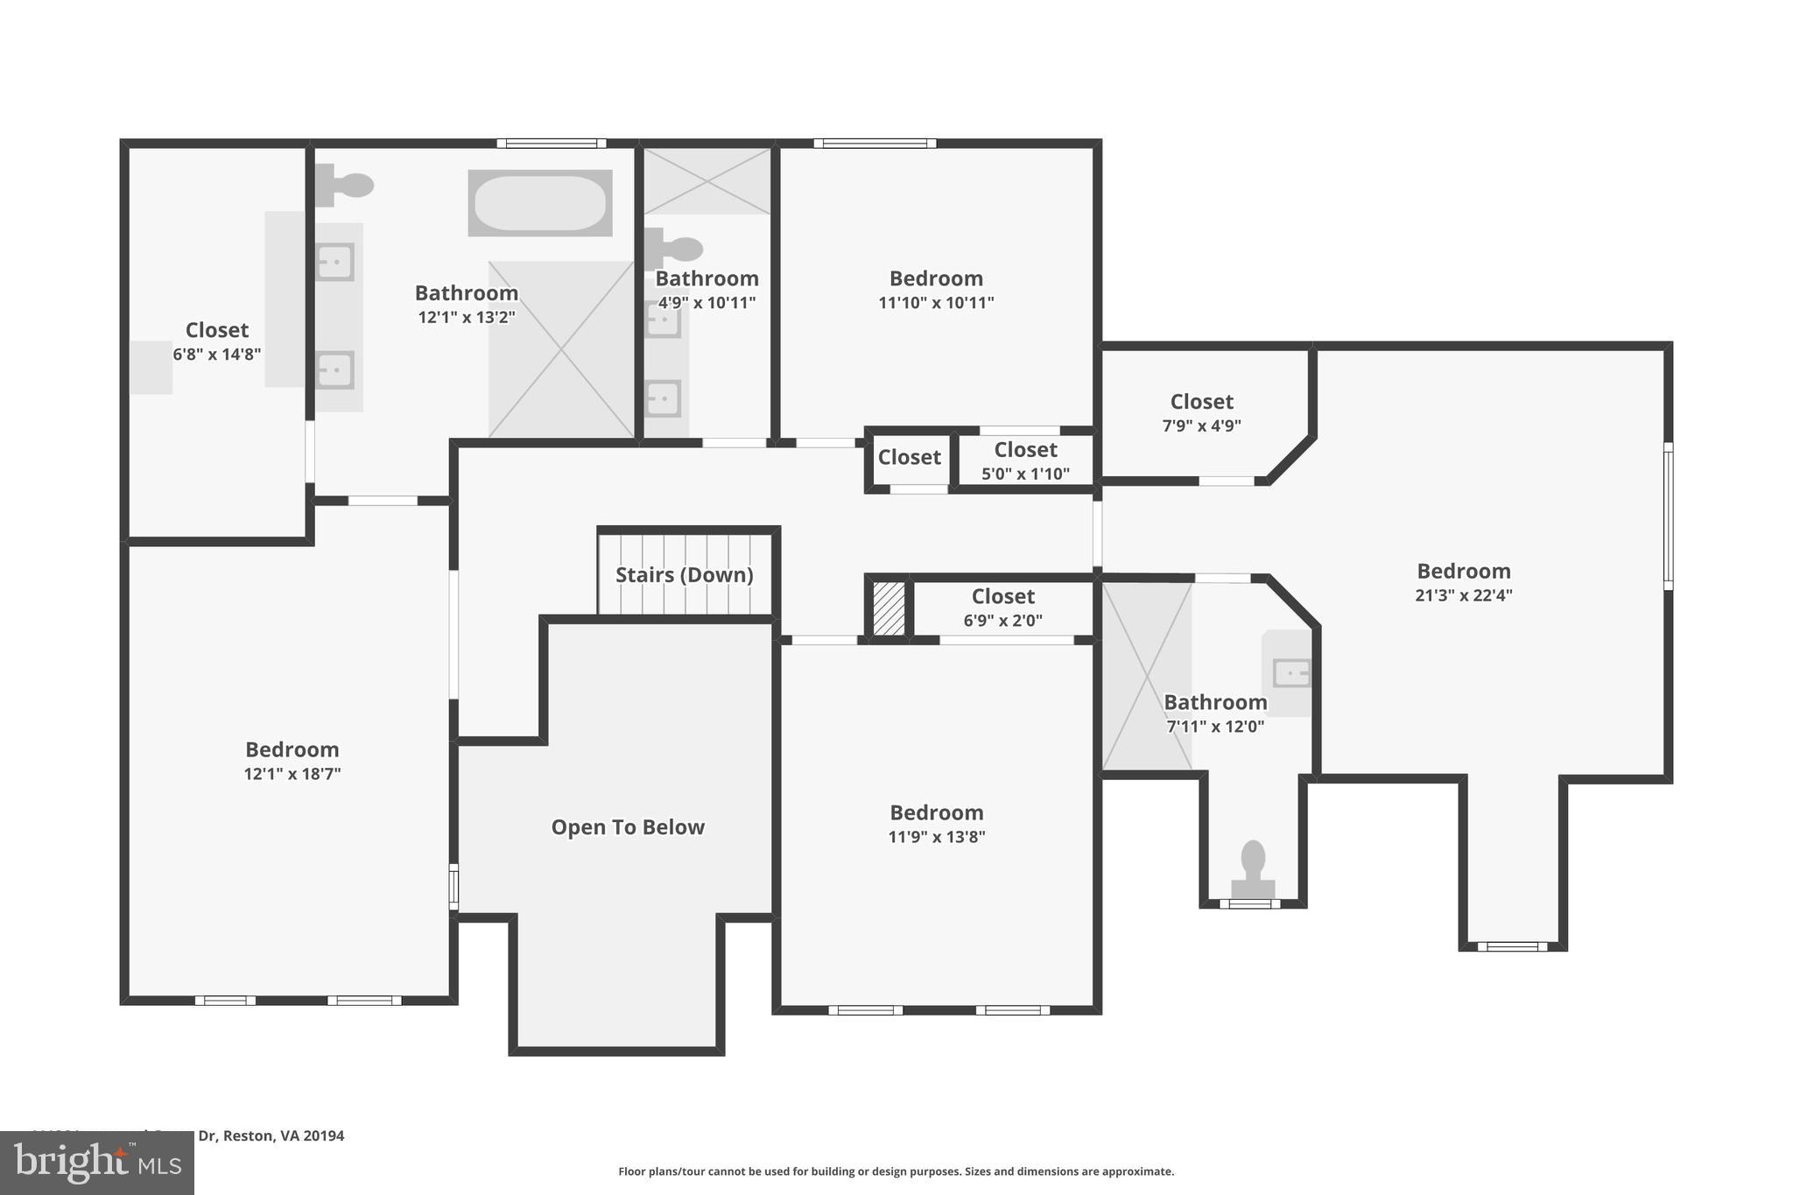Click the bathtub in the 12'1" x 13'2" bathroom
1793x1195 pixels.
point(539,203)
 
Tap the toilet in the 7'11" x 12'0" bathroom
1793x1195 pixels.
point(1253,868)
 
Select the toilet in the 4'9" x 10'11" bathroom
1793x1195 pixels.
point(676,250)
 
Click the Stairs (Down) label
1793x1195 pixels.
point(684,575)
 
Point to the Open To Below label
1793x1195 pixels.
point(627,827)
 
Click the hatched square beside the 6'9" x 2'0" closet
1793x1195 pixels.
point(889,608)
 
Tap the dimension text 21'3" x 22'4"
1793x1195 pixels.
point(1463,595)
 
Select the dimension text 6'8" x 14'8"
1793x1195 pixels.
point(216,355)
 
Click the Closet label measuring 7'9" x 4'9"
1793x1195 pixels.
point(1201,402)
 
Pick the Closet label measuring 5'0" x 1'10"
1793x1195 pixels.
point(1025,450)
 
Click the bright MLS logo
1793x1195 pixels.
point(97,1163)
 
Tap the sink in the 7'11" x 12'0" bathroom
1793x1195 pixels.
point(1291,673)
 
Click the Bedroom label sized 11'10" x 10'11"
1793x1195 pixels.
point(936,278)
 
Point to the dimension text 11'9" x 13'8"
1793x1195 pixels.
point(936,837)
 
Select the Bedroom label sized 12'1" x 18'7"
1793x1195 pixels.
point(292,749)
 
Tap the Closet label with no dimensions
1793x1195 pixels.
point(909,457)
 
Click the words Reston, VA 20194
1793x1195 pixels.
point(284,1135)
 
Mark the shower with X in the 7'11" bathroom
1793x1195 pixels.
point(1146,676)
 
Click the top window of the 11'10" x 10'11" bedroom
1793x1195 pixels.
point(874,144)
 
